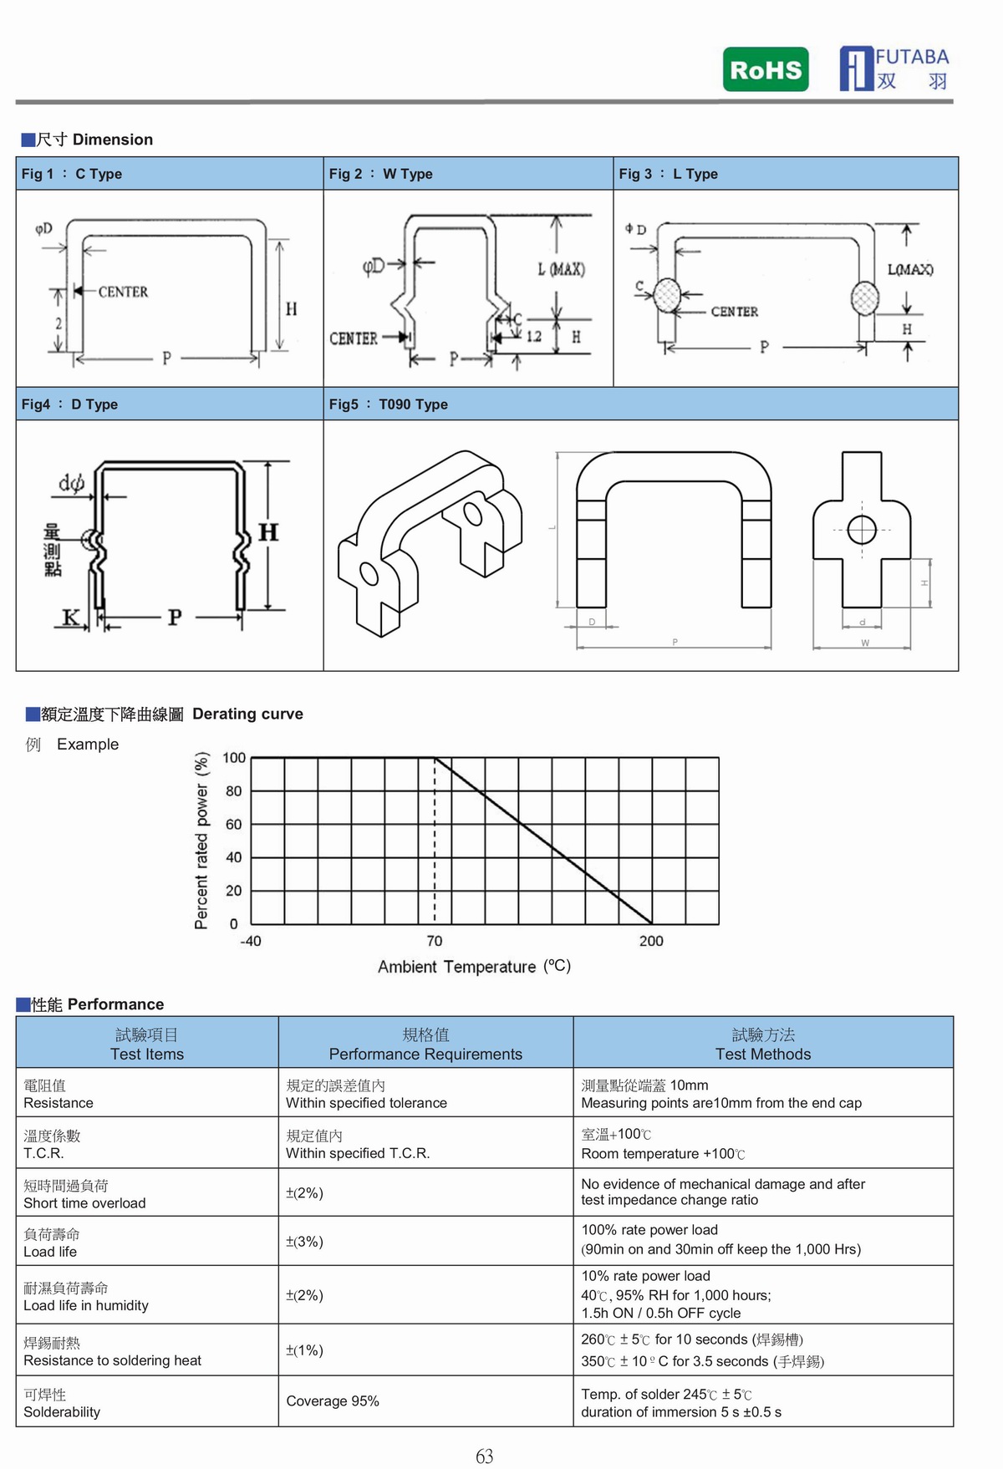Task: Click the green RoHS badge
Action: coord(766,69)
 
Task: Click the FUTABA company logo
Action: coord(894,69)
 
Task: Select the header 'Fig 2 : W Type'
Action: coord(380,174)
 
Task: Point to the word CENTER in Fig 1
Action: coord(123,292)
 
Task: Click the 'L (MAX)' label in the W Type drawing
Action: coord(561,269)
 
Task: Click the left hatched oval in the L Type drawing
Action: coord(667,295)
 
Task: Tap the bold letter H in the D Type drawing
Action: coord(268,532)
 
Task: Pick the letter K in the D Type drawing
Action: coord(71,618)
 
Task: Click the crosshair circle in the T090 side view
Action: coord(862,530)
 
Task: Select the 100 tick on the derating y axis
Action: coord(234,758)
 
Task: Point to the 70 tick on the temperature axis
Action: coord(435,941)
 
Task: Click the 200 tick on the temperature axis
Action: coord(651,941)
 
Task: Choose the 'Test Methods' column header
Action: coord(762,1054)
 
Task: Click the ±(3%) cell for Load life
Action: coord(304,1242)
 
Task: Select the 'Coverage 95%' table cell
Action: coord(333,1401)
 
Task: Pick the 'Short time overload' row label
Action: coord(84,1203)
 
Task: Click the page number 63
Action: coord(485,1456)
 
